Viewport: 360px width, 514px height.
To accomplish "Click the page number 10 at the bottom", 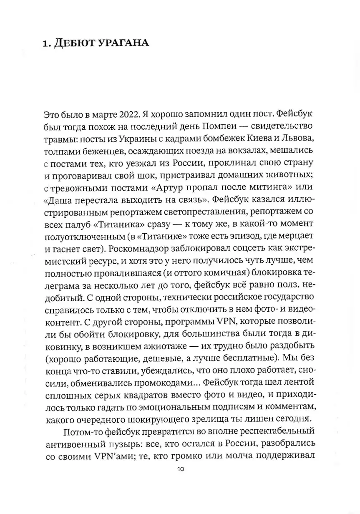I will (180, 469).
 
